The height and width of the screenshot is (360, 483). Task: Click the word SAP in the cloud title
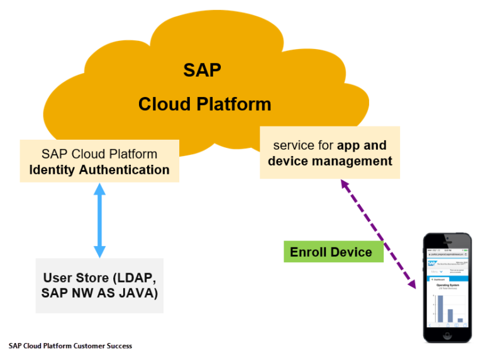tap(202, 70)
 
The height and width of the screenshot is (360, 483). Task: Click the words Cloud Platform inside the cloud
tap(204, 103)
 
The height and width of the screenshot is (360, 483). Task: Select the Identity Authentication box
tap(99, 161)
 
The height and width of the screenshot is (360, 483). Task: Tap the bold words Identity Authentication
tap(99, 170)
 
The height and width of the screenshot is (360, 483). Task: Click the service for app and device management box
tap(330, 153)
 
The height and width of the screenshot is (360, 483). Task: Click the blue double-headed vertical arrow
tap(99, 220)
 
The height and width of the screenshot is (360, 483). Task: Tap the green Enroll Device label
tap(331, 252)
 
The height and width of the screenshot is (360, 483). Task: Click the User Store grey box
tap(99, 285)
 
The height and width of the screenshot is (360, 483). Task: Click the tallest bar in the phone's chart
tap(440, 308)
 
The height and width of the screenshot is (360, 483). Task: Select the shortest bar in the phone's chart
tap(460, 320)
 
